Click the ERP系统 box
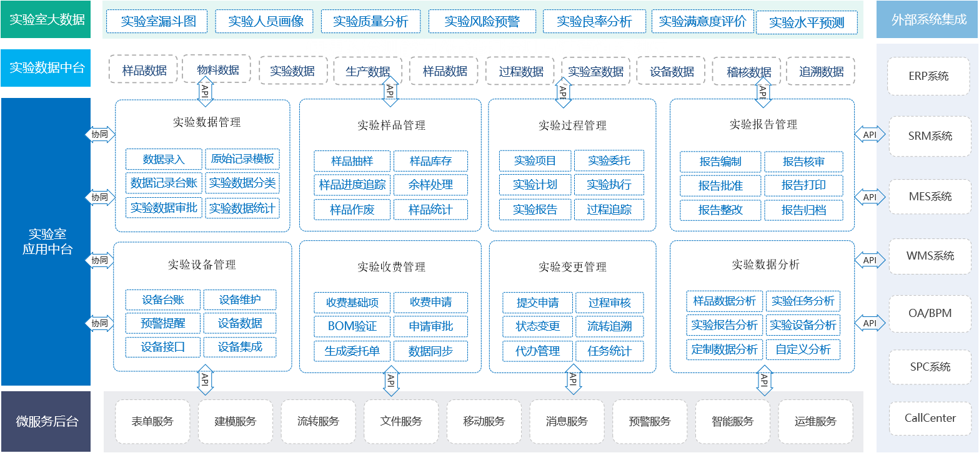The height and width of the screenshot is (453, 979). tap(928, 76)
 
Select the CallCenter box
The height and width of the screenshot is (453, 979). tap(930, 418)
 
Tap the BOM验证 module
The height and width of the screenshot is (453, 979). tap(352, 326)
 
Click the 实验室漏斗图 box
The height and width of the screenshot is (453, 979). tap(158, 21)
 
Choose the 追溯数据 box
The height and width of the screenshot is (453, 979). tap(821, 71)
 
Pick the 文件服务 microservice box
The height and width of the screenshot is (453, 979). tap(400, 421)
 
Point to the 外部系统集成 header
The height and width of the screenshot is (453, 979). tap(928, 19)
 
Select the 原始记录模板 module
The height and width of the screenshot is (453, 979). tap(242, 159)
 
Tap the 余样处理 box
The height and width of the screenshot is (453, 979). tap(430, 185)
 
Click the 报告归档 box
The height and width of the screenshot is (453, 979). tap(803, 210)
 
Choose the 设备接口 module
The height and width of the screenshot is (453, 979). tap(162, 347)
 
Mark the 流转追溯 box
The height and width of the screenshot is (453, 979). tap(609, 326)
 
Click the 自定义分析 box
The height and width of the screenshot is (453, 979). tap(803, 349)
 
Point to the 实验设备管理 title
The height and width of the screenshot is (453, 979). tap(202, 265)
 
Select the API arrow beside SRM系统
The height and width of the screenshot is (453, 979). tap(870, 135)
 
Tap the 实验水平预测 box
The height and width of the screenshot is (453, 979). tap(807, 22)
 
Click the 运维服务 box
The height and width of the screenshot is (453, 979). tap(815, 421)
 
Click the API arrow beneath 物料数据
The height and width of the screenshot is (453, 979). tap(205, 91)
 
